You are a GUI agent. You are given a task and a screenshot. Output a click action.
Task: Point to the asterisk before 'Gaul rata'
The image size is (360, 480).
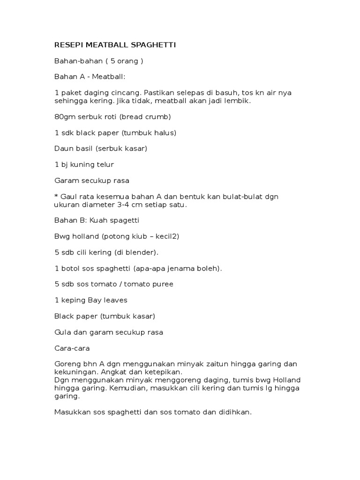coord(56,196)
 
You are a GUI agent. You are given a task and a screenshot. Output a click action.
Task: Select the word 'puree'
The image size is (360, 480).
coord(163,284)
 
